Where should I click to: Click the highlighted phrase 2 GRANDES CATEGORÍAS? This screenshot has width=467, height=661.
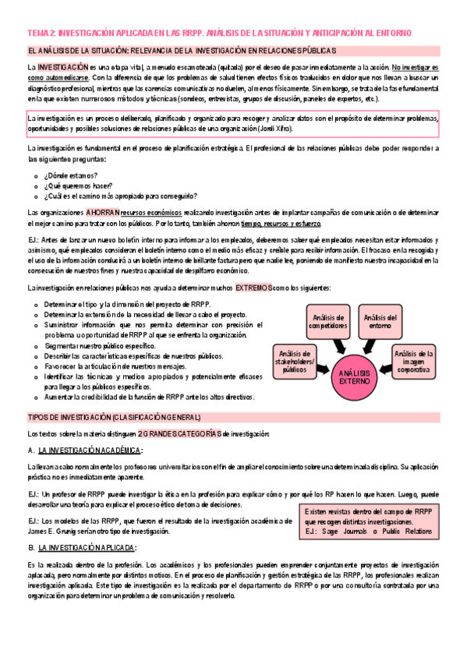179,433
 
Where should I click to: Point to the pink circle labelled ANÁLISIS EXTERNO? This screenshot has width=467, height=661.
356,378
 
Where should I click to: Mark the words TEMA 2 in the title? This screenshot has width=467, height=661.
41,33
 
